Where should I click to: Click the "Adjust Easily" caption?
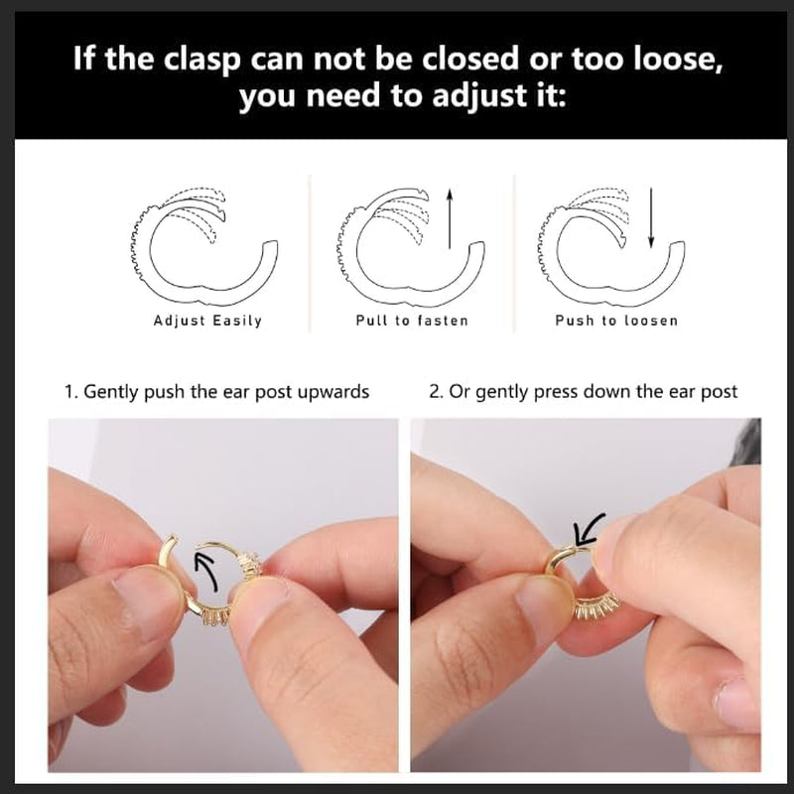tap(207, 321)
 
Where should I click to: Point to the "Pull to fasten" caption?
tap(412, 321)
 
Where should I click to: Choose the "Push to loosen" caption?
tap(616, 321)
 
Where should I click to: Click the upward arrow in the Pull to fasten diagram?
tap(450, 218)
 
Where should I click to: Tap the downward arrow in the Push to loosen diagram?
tap(651, 218)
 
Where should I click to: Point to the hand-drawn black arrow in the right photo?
tap(588, 530)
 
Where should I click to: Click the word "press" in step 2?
tap(557, 393)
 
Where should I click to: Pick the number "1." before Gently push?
tap(69, 392)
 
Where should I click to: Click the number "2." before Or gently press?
tap(436, 392)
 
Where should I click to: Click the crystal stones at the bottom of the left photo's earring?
tap(216, 616)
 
